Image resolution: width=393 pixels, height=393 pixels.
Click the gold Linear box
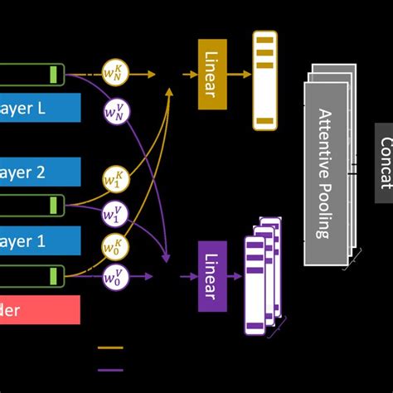click(x=212, y=74)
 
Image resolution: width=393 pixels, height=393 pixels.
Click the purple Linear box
click(x=212, y=276)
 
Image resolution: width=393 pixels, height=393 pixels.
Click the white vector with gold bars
click(x=264, y=80)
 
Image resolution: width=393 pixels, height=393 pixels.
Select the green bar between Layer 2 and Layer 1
click(x=55, y=205)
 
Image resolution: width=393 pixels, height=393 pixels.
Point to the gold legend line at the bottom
click(x=110, y=348)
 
